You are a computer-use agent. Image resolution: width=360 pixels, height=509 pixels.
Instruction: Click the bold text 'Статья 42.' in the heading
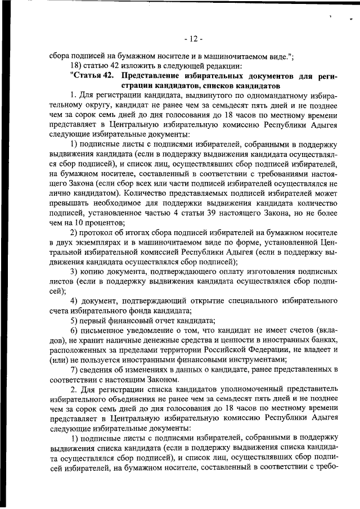pos(94,75)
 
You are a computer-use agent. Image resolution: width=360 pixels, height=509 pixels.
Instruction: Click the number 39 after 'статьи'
pos(220,214)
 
